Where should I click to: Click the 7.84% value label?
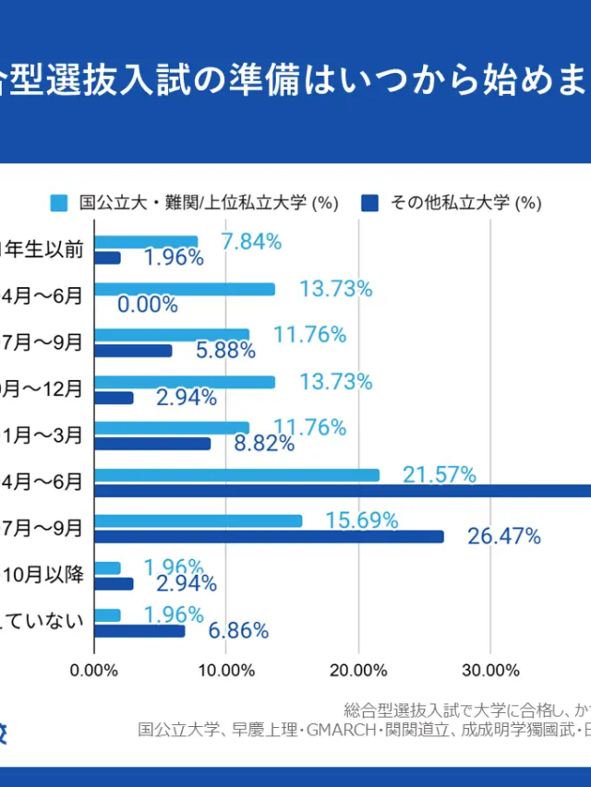point(251,242)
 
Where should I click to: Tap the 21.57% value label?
point(439,475)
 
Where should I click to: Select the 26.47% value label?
point(503,536)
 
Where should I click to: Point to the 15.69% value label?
point(361,520)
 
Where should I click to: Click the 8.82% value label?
point(264,443)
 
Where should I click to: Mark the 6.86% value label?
point(238,631)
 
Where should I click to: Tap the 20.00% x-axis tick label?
point(357,671)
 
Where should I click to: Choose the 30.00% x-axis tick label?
point(489,671)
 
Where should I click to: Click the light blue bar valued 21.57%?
point(237,474)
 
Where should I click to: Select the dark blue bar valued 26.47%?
point(269,536)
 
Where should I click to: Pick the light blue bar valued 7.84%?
point(146,242)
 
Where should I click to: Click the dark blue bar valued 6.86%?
point(139,631)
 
